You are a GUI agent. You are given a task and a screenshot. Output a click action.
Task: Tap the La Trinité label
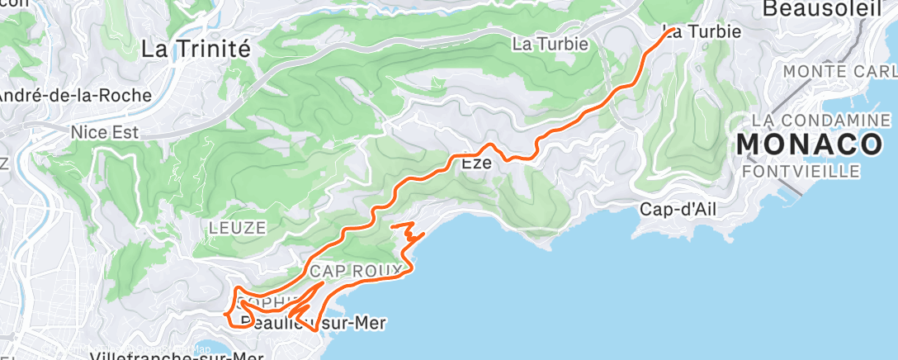tap(196, 49)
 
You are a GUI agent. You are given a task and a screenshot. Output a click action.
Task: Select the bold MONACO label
tap(810, 144)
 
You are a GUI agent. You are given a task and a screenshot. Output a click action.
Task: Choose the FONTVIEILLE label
tap(801, 171)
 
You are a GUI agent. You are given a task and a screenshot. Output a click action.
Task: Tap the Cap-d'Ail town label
tap(678, 209)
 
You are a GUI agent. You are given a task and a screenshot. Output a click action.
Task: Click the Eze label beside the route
tap(476, 163)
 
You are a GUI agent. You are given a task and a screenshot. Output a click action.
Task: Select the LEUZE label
tap(237, 227)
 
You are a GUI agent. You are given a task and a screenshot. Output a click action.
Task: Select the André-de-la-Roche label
tap(74, 96)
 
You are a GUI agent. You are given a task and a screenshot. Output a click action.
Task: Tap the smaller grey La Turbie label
tap(551, 43)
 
